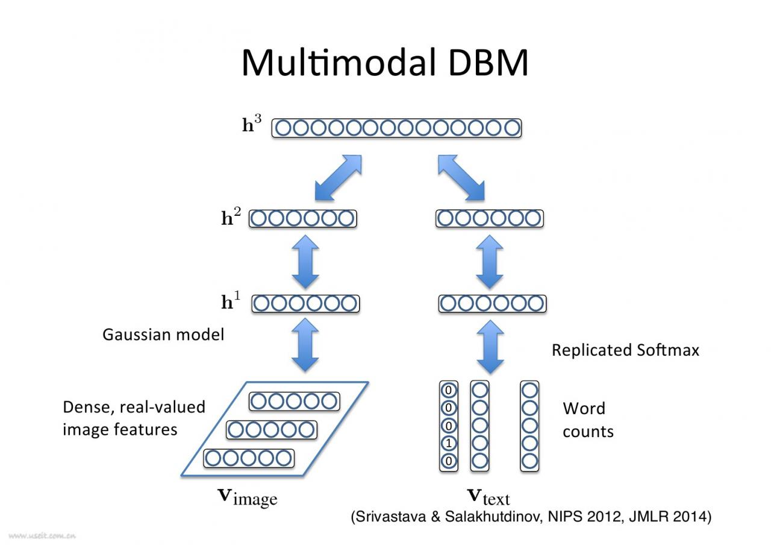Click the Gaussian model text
(163, 335)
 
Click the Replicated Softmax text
(625, 350)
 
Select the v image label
(247, 497)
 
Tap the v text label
(489, 497)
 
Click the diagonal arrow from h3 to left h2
(338, 177)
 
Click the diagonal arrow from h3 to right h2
(461, 177)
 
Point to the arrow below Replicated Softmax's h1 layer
(490, 346)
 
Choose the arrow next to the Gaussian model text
(305, 346)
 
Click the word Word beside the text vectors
(584, 409)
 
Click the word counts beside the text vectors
(588, 432)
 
